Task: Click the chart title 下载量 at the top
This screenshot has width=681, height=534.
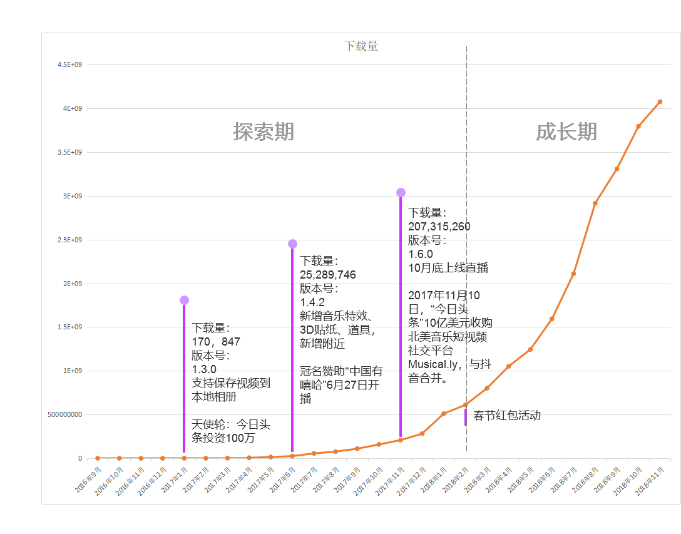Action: [361, 46]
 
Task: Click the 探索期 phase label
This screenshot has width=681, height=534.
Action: [264, 131]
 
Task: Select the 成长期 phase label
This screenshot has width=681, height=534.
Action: [566, 131]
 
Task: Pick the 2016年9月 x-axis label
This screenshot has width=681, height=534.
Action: [88, 480]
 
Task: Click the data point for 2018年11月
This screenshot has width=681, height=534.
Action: [660, 101]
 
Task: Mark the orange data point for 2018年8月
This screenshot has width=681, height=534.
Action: [595, 203]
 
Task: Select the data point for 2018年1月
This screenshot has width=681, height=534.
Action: [444, 413]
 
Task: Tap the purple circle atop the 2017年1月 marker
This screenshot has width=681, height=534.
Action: [184, 300]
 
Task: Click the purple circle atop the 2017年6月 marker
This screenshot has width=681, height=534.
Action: [292, 244]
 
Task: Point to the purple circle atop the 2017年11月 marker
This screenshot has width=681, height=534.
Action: [401, 192]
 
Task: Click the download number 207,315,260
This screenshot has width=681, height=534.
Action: [439, 227]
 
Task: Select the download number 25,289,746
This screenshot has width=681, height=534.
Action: [327, 274]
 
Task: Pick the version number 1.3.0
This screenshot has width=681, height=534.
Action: [204, 369]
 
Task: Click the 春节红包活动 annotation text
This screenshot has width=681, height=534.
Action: [507, 415]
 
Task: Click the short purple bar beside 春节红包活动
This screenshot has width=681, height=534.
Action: [466, 417]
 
